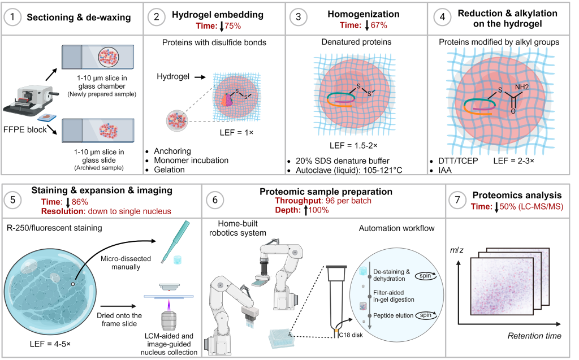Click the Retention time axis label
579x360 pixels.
pyautogui.click(x=534, y=336)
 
